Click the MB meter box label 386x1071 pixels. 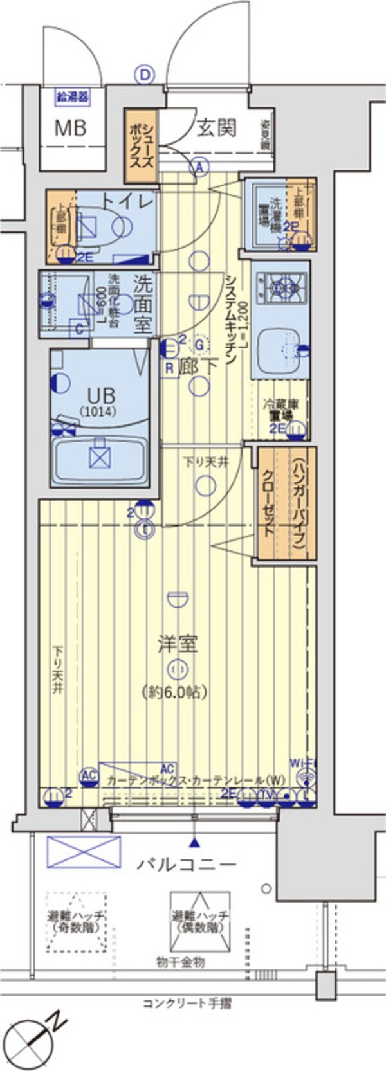point(70,127)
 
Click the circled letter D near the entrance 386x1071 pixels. point(145,76)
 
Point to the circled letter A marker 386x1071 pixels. point(200,167)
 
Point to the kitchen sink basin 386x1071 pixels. point(277,350)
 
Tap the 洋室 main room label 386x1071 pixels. point(178,643)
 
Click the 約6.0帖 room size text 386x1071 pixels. point(174,692)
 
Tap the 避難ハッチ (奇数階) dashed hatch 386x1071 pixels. point(76,921)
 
